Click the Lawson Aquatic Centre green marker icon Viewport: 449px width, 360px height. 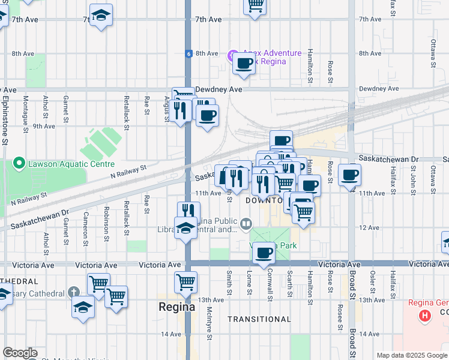[20, 163]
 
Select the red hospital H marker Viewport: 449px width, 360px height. [425, 315]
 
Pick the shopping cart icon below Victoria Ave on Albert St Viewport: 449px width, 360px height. [186, 281]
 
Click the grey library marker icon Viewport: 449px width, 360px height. [246, 224]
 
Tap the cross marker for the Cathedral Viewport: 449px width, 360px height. [73, 293]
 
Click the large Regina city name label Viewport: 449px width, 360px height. [176, 307]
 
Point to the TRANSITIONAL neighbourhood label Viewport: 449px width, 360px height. [259, 319]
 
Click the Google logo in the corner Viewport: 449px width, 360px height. [20, 353]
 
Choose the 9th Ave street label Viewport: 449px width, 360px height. [44, 126]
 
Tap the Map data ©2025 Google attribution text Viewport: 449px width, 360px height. [411, 355]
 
